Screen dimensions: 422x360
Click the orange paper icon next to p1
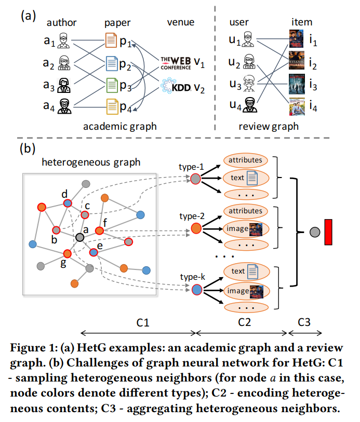[111, 40]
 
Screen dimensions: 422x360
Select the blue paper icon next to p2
[112, 63]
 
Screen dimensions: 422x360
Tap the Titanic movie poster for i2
[295, 63]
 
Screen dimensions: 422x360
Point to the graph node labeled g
[67, 254]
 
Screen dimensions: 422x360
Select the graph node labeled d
[67, 203]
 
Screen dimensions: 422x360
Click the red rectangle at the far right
[328, 232]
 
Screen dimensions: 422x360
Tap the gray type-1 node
[196, 179]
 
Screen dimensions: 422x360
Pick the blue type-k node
[196, 290]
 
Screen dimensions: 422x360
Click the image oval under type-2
[245, 228]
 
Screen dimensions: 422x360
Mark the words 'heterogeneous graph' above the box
[91, 162]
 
